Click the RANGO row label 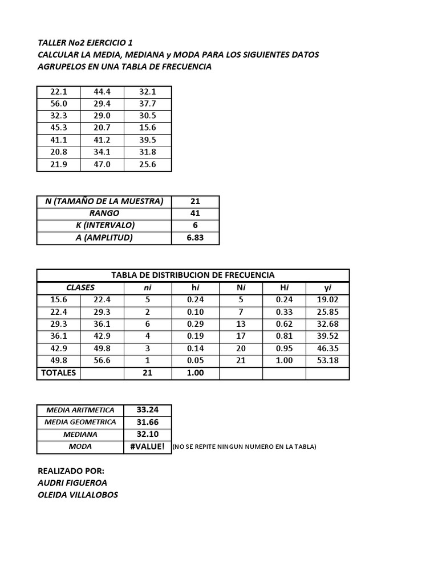point(104,213)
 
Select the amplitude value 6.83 point(195,238)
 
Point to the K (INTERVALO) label point(104,225)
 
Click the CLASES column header point(80,287)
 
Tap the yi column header point(327,288)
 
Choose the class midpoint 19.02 point(327,300)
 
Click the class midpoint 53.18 point(327,361)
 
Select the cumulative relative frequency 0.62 point(284,325)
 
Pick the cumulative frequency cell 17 point(241,336)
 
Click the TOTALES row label point(58,373)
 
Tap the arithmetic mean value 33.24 point(147,409)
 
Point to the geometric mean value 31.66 point(147,422)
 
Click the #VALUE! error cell point(147,447)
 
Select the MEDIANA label point(80,434)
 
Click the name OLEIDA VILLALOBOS point(78,495)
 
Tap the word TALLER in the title point(52,43)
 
